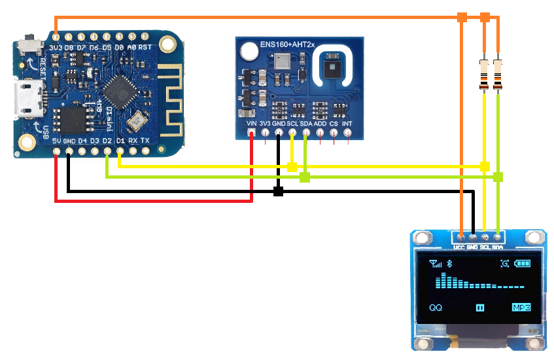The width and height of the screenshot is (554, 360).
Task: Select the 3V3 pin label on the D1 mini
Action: click(x=56, y=48)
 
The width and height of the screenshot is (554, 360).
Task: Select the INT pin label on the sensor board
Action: click(x=347, y=123)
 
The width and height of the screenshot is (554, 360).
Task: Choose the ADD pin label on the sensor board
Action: click(x=320, y=123)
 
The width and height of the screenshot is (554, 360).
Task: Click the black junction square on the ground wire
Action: click(x=278, y=191)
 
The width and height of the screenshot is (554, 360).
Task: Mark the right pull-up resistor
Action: click(x=498, y=73)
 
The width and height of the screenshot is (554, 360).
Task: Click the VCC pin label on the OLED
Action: click(x=460, y=247)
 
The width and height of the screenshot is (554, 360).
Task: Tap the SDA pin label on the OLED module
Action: click(x=498, y=247)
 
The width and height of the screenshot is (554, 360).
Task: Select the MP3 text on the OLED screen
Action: click(x=521, y=307)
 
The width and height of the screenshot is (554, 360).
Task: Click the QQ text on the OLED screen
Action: click(x=436, y=307)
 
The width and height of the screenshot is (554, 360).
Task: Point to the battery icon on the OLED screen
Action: click(x=523, y=263)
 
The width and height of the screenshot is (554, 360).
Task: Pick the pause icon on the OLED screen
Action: click(x=479, y=307)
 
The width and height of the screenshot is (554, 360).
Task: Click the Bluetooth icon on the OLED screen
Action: click(x=449, y=263)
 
